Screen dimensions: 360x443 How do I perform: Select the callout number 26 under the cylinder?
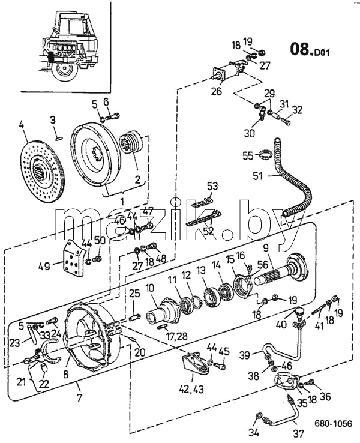217,91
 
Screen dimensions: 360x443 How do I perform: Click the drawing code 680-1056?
334,424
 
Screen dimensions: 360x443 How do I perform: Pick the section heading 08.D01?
310,50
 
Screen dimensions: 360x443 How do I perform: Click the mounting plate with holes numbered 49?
73,258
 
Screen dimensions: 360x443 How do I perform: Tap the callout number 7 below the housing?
79,398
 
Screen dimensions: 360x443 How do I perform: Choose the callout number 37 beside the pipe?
298,433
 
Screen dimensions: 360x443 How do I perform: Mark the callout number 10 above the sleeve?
150,289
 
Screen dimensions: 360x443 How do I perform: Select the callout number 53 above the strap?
212,186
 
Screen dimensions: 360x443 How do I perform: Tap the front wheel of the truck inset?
65,71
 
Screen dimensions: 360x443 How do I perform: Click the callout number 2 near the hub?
137,179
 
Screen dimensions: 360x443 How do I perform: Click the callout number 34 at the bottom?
254,432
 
